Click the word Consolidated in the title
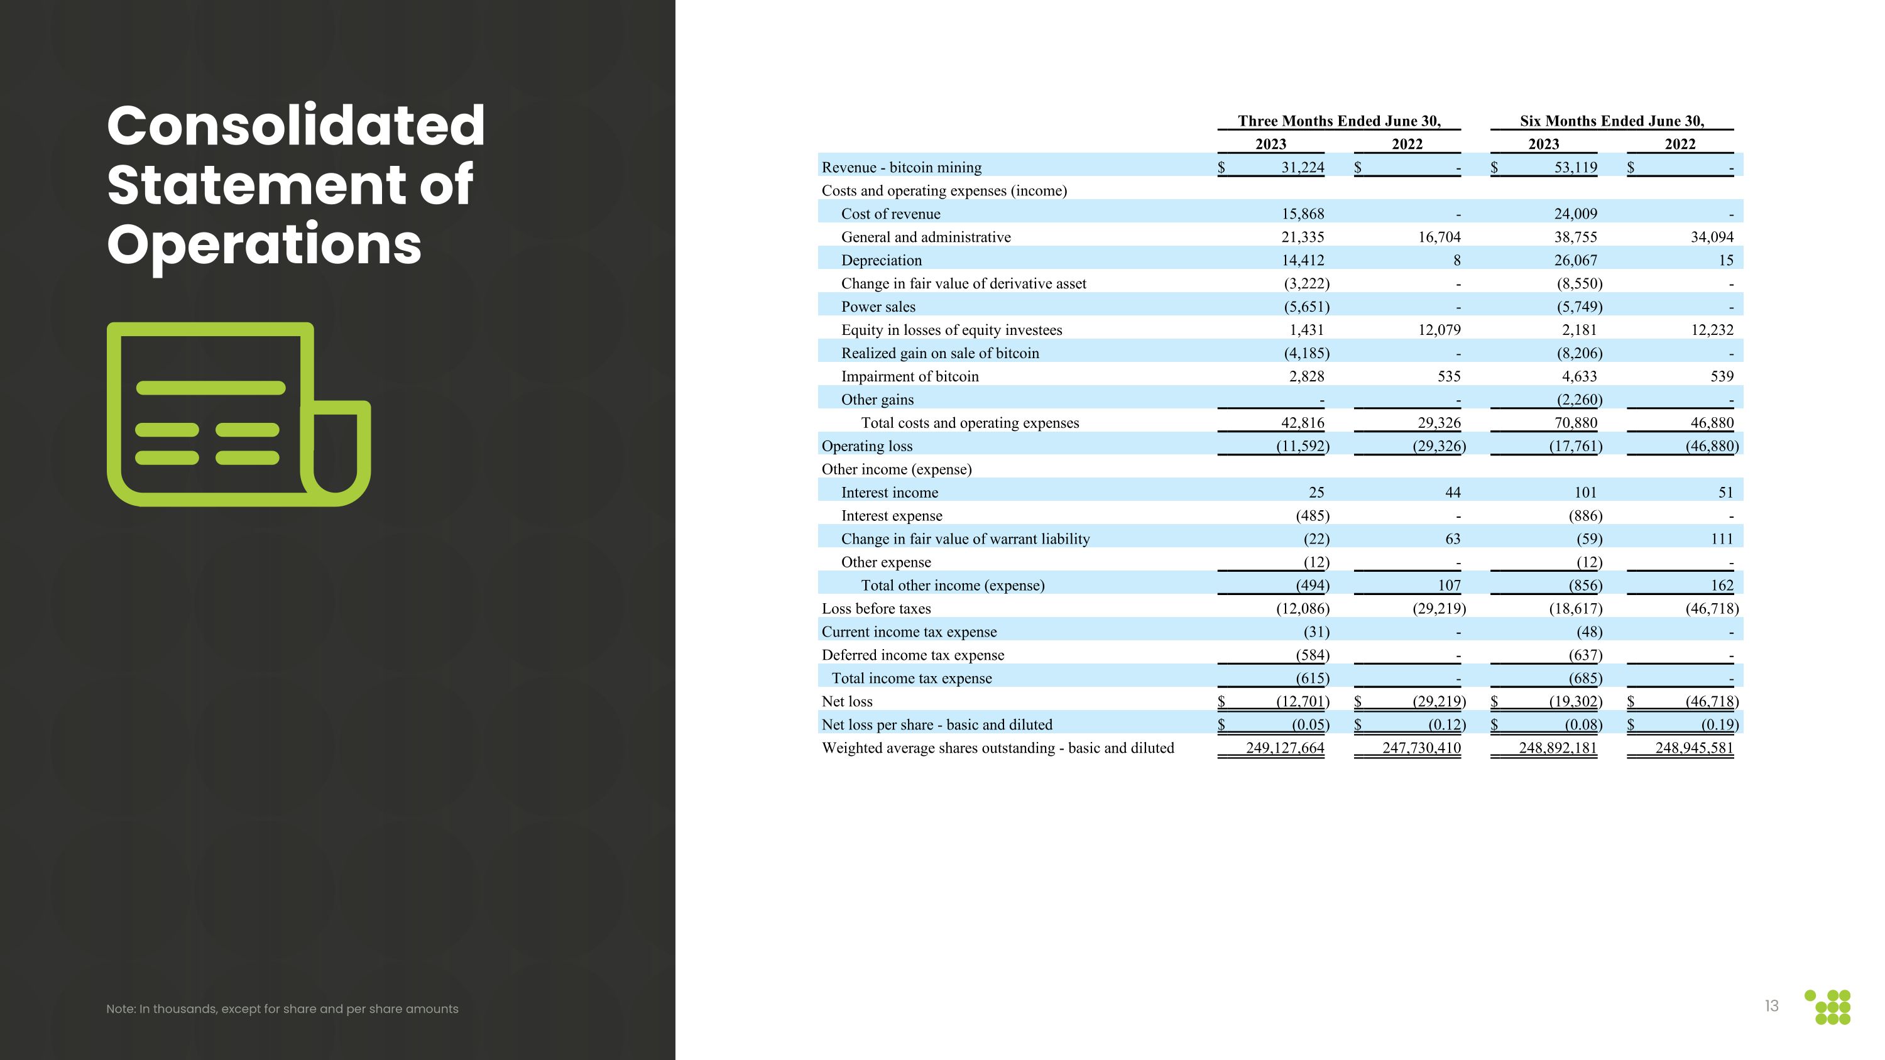[295, 126]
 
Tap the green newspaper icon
[239, 414]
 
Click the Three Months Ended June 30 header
[1338, 121]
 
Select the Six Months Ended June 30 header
[1611, 121]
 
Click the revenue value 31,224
[1302, 168]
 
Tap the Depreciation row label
[881, 260]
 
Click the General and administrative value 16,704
[1439, 237]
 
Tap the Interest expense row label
[891, 516]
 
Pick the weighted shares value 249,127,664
[1284, 748]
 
